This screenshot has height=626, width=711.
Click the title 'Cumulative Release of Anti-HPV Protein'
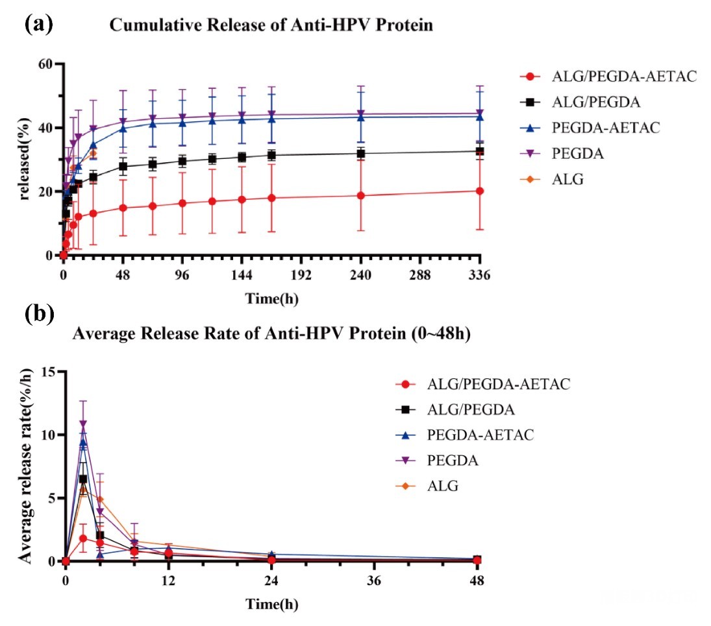click(271, 25)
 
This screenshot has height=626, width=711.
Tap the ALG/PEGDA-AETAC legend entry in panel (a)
click(609, 77)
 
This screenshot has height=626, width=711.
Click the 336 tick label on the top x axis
click(480, 275)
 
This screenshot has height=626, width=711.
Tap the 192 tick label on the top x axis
click(302, 275)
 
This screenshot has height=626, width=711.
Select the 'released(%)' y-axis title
click(26, 160)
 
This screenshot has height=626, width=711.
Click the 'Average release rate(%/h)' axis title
click(26, 464)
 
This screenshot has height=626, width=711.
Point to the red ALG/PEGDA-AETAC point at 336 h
click(480, 191)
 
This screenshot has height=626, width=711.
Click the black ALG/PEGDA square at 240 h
click(360, 154)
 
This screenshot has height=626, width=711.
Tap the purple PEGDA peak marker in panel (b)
click(83, 424)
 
